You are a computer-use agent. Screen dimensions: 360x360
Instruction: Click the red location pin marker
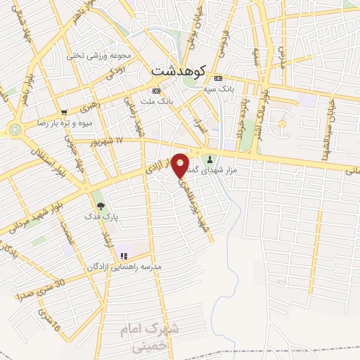(x=181, y=165)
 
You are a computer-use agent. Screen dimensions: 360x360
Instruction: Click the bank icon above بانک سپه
(x=219, y=77)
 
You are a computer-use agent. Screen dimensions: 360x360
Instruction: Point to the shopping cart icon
(x=64, y=112)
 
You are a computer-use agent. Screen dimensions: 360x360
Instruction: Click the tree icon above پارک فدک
(x=101, y=206)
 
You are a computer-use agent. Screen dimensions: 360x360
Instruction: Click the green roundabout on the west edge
(x=15, y=129)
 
